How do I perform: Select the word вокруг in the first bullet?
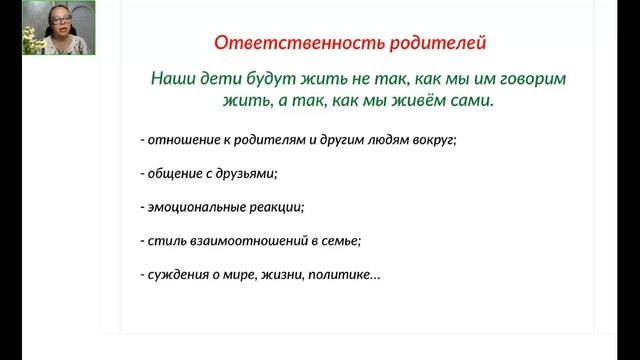[435, 140]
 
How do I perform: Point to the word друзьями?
[247, 174]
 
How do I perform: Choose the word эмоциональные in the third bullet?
[194, 208]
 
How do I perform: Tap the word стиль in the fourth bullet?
[163, 241]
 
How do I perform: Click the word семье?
[339, 241]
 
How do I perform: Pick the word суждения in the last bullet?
[176, 275]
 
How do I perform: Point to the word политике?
[346, 275]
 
